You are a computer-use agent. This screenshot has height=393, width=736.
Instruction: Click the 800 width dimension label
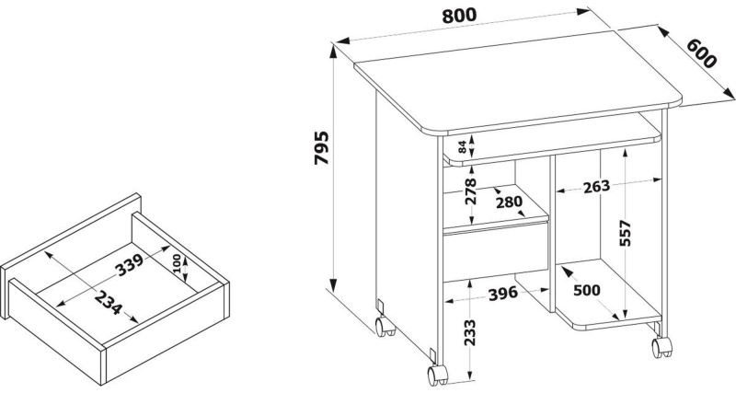(459, 16)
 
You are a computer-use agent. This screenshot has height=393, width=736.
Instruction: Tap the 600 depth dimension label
(702, 53)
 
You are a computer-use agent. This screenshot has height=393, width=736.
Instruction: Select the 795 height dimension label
(321, 148)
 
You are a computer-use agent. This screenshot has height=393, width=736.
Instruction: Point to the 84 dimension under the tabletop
(463, 146)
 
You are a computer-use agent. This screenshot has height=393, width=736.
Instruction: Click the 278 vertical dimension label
(469, 191)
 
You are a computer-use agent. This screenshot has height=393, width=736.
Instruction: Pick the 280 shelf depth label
(509, 202)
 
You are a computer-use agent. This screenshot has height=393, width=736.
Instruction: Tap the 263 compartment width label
(596, 187)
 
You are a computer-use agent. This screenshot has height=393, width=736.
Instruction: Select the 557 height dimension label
(626, 233)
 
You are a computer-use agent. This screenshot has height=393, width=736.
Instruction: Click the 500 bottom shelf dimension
(587, 290)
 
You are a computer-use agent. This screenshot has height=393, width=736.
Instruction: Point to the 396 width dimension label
(502, 294)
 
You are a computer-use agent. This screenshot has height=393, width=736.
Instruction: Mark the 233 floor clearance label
(469, 332)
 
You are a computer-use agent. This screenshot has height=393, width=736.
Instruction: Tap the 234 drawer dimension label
(108, 303)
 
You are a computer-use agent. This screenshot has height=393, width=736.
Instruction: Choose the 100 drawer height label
(177, 263)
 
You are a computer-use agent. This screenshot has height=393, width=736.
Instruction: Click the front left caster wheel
(438, 375)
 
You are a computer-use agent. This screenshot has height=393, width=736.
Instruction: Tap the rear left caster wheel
(385, 326)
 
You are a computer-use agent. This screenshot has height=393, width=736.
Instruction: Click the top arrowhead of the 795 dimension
(333, 51)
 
